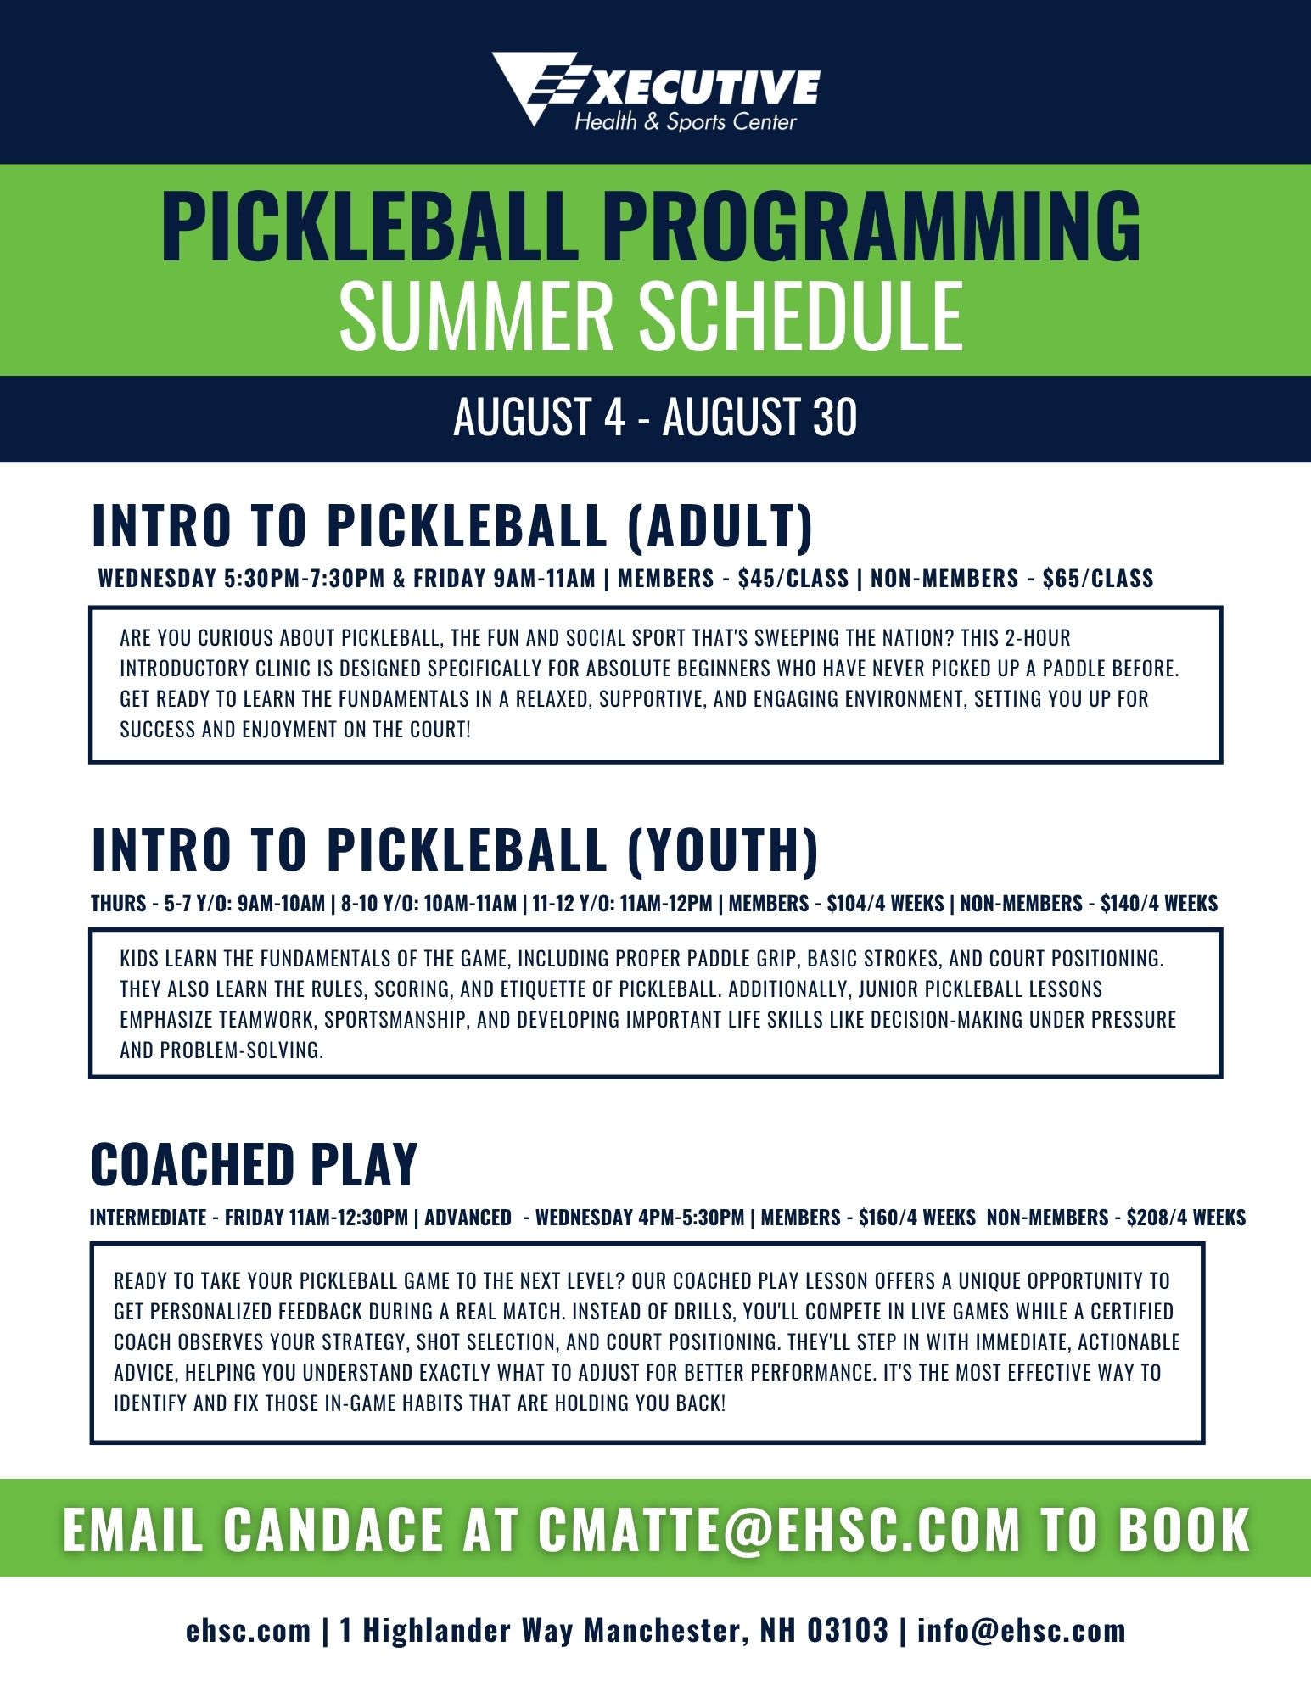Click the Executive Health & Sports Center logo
click(x=656, y=91)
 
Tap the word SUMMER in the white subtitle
click(x=476, y=316)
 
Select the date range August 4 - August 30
click(x=655, y=417)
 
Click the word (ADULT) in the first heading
click(x=720, y=525)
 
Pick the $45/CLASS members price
click(x=793, y=579)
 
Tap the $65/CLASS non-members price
click(x=1098, y=579)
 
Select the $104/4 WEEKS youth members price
click(x=885, y=904)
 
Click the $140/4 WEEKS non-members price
click(x=1159, y=904)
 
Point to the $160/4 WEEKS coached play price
click(x=917, y=1218)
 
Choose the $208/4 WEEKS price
click(x=1186, y=1218)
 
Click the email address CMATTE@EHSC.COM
click(x=779, y=1529)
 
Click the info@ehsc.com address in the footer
click(x=1022, y=1630)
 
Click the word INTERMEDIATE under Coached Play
click(x=148, y=1218)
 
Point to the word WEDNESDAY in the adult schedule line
click(x=158, y=579)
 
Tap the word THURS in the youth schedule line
click(x=119, y=904)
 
